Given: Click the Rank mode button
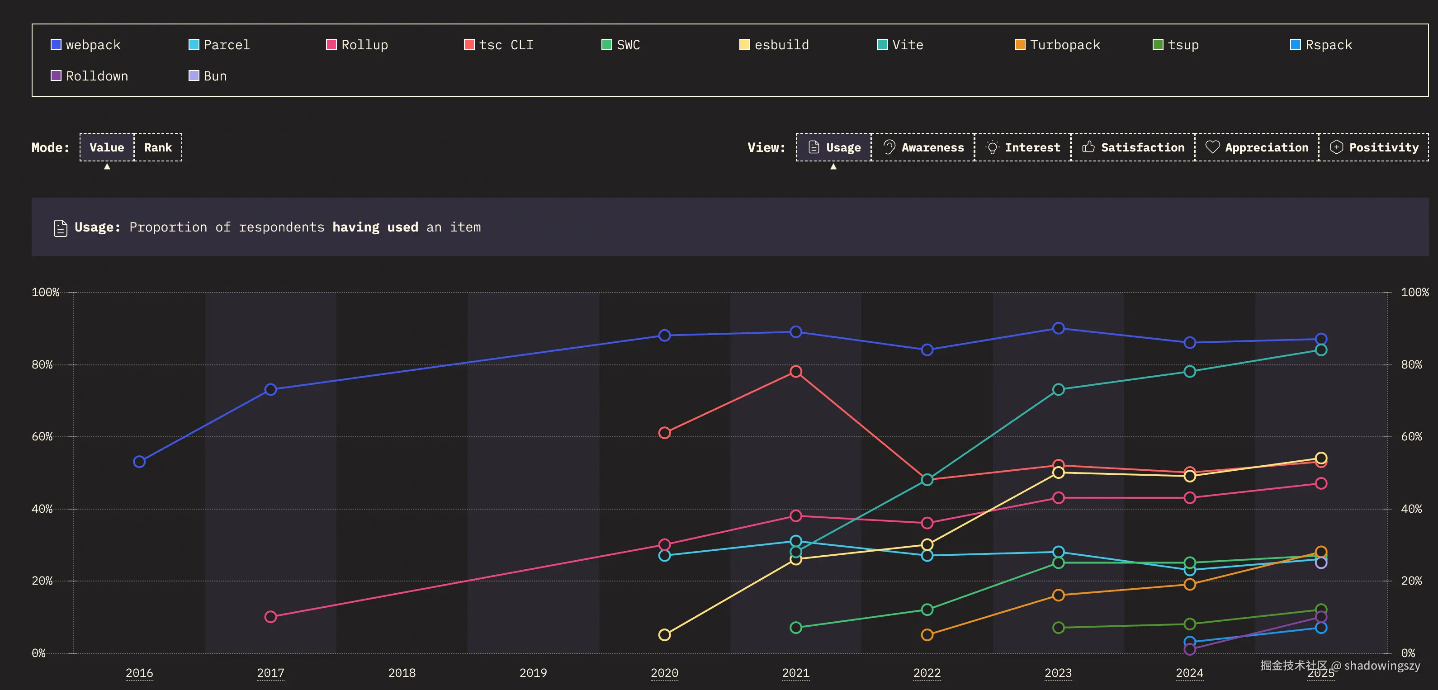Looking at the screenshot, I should tap(158, 147).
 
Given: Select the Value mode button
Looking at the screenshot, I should tap(107, 147).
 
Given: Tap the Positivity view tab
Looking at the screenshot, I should tap(1374, 147).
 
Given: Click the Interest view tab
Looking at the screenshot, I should tap(1023, 147).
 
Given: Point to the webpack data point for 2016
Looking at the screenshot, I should tap(140, 462).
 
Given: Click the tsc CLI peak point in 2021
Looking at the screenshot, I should tap(796, 372).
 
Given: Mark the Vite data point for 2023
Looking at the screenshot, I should tap(1059, 390).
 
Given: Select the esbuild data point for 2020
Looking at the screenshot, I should tap(664, 635).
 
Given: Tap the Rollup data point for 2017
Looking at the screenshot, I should tap(271, 617).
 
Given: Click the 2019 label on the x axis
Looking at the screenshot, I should tap(533, 673).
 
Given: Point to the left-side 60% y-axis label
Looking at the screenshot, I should tap(43, 436).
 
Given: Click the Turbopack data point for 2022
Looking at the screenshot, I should tap(927, 635).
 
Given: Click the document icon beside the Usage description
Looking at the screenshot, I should tap(60, 228).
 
